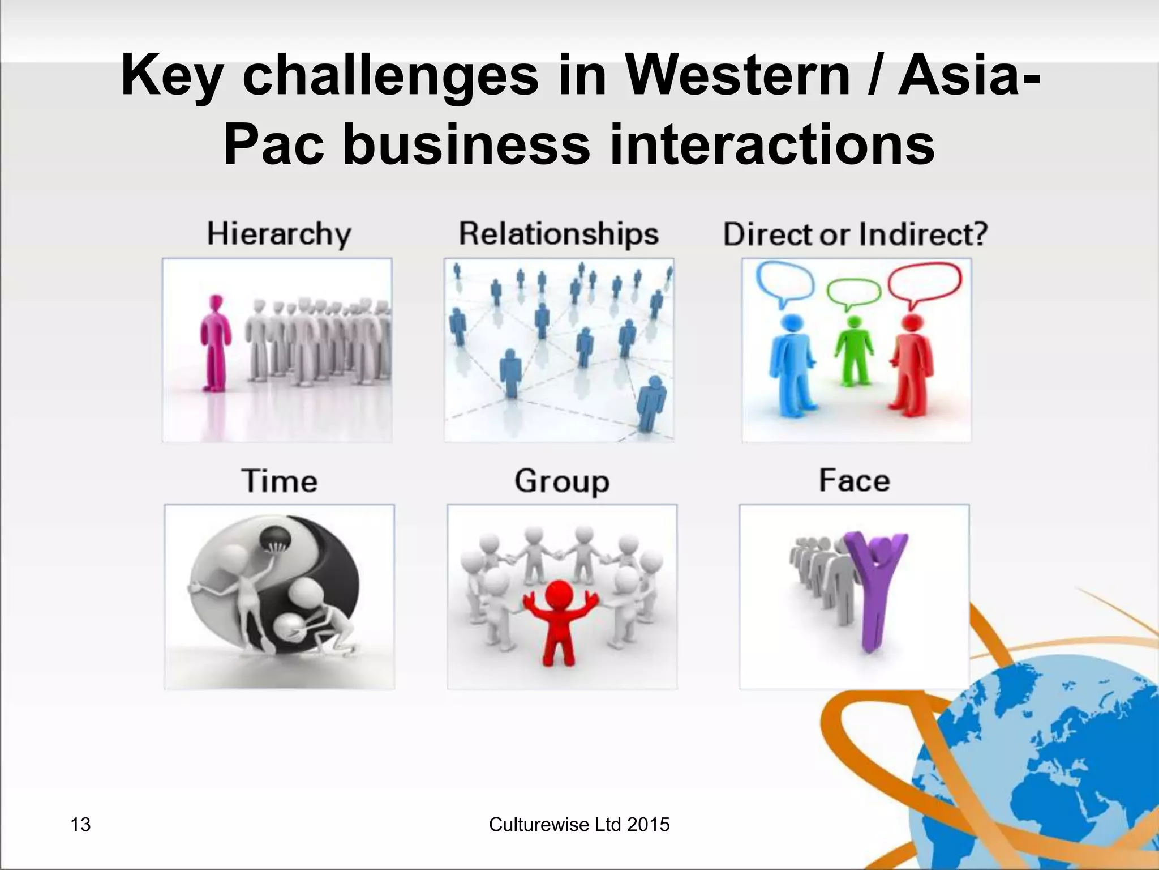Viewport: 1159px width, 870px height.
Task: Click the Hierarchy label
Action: [x=279, y=234]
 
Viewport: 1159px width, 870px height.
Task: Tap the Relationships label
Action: [x=559, y=234]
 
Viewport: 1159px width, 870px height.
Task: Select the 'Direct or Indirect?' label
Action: [x=855, y=234]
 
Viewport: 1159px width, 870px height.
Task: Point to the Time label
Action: [x=279, y=481]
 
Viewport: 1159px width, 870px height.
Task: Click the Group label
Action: [x=562, y=481]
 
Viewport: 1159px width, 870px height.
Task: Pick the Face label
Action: [x=854, y=480]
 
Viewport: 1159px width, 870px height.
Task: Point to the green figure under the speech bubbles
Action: [x=853, y=351]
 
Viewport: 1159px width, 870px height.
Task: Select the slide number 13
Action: [x=80, y=825]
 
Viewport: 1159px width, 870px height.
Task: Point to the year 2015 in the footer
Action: [x=648, y=825]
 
